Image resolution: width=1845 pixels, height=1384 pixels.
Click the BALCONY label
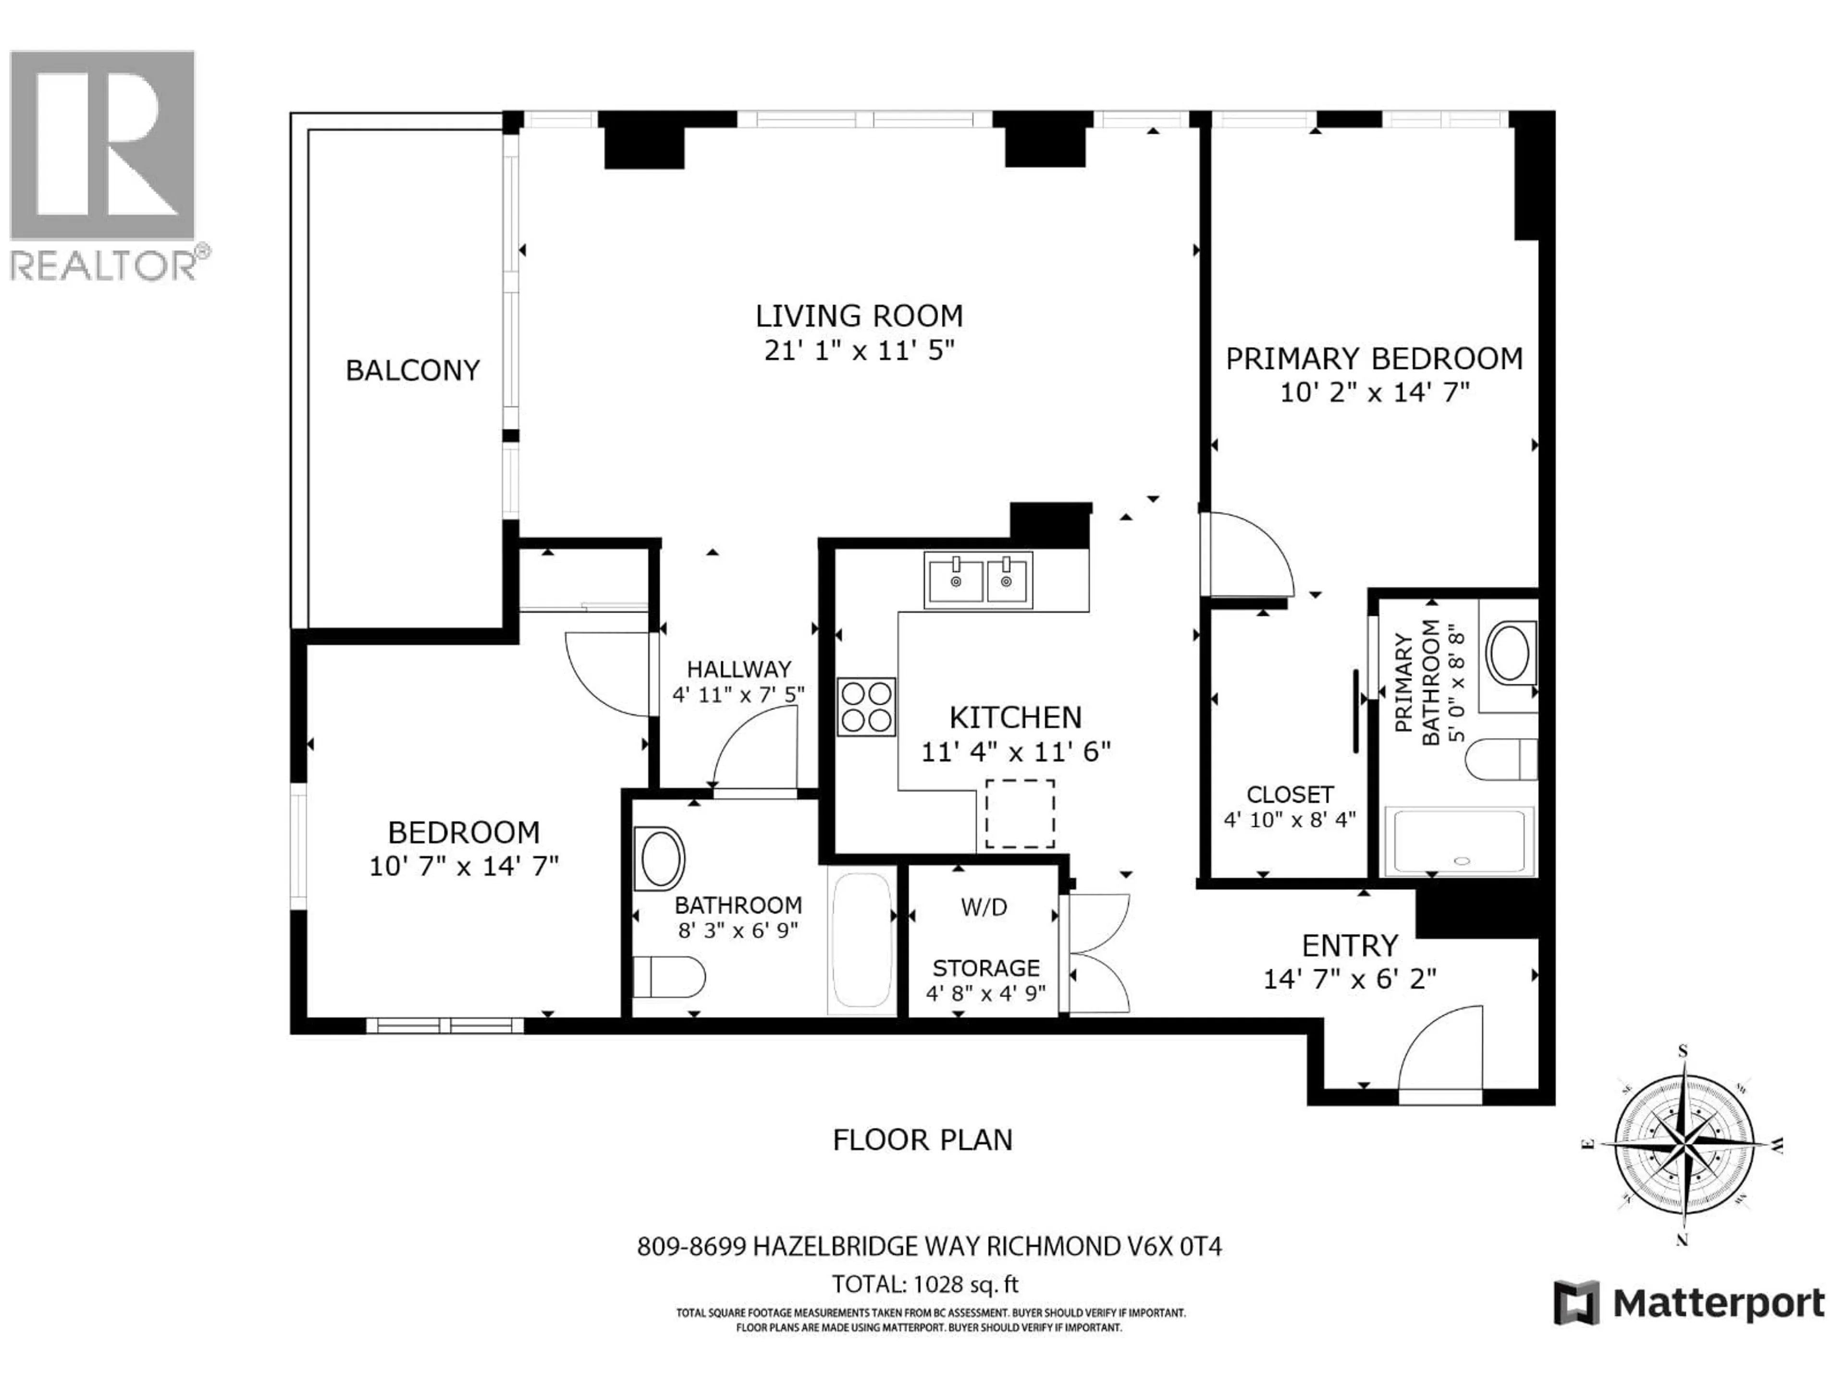(x=413, y=371)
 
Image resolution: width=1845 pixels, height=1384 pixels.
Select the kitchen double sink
(x=978, y=579)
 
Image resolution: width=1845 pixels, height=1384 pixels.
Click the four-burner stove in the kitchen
(x=867, y=706)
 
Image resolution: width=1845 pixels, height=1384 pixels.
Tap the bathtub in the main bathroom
(x=861, y=940)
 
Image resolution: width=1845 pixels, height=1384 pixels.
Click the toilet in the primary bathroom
(x=1500, y=759)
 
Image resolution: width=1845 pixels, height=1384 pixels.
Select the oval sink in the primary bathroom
(x=1508, y=654)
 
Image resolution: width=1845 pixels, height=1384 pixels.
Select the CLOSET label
(x=1290, y=794)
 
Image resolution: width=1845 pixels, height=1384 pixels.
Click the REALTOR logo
(x=103, y=165)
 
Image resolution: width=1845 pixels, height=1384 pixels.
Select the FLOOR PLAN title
(x=922, y=1139)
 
